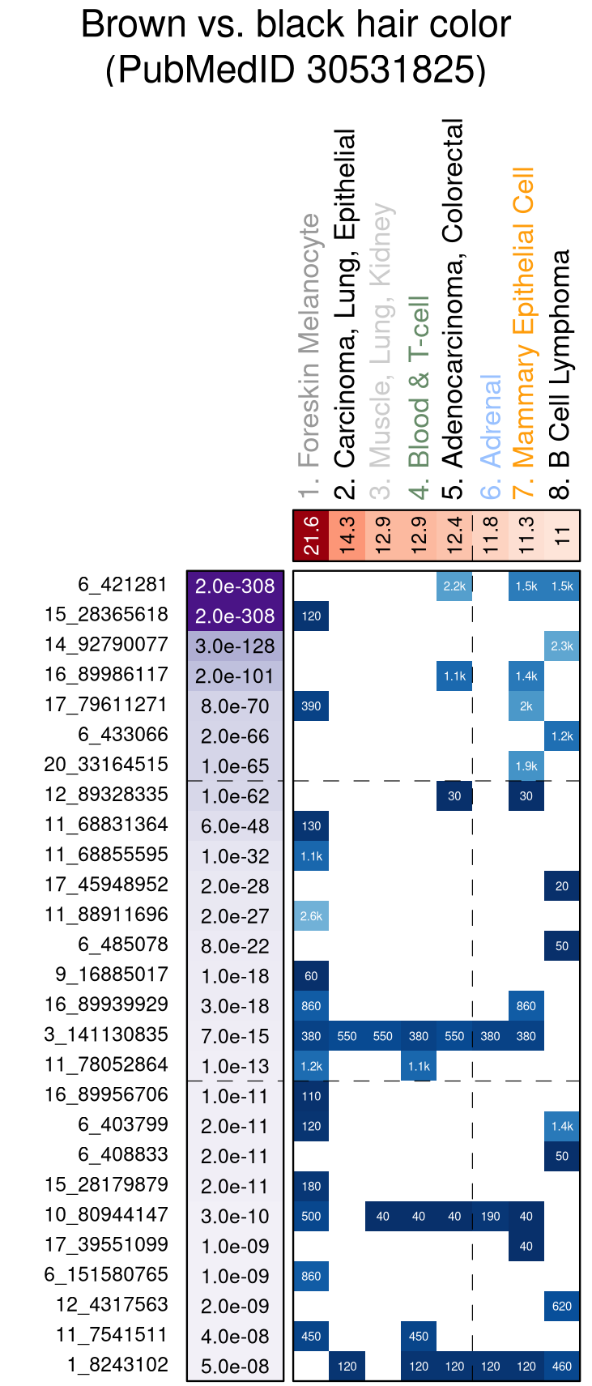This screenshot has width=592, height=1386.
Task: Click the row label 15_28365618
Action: (106, 615)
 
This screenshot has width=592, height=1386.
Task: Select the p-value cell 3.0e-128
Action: (235, 646)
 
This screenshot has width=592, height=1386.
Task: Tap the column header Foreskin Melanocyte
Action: (309, 340)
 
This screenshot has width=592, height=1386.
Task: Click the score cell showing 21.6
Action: (311, 535)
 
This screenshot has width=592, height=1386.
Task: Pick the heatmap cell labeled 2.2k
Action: (454, 586)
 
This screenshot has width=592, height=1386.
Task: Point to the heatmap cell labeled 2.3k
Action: (562, 646)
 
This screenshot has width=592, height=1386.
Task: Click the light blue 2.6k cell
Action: (311, 916)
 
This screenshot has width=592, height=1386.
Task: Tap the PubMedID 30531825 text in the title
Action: (296, 70)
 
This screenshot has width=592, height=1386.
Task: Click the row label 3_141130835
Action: (106, 1034)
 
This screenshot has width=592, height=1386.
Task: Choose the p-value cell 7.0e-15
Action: (235, 1036)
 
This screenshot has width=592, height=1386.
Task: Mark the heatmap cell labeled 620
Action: (562, 1306)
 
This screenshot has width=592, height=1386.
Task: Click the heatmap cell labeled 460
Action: (562, 1366)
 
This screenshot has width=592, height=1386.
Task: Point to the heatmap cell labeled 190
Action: (490, 1216)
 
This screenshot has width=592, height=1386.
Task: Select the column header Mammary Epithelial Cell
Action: (525, 318)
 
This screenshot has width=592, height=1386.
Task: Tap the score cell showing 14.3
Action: (347, 535)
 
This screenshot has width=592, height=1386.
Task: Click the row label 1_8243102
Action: (118, 1365)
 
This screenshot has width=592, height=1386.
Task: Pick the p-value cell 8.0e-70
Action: (235, 706)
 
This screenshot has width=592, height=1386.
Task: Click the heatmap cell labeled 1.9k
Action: (526, 766)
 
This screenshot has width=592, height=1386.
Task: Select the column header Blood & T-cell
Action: (418, 381)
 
